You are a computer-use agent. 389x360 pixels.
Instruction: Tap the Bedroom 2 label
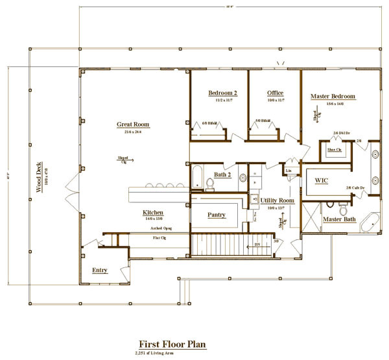coord(222,93)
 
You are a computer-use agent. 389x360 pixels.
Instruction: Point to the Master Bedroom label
coord(333,96)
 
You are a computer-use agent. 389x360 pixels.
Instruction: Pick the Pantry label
coord(217,214)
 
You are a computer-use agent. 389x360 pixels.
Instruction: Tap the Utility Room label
coord(277,200)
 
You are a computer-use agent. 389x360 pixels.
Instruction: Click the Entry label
coord(99,270)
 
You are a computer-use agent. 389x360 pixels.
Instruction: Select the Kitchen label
coord(153,212)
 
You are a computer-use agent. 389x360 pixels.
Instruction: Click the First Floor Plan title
coord(172,344)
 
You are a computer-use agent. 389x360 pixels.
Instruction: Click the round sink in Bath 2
coord(242,176)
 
